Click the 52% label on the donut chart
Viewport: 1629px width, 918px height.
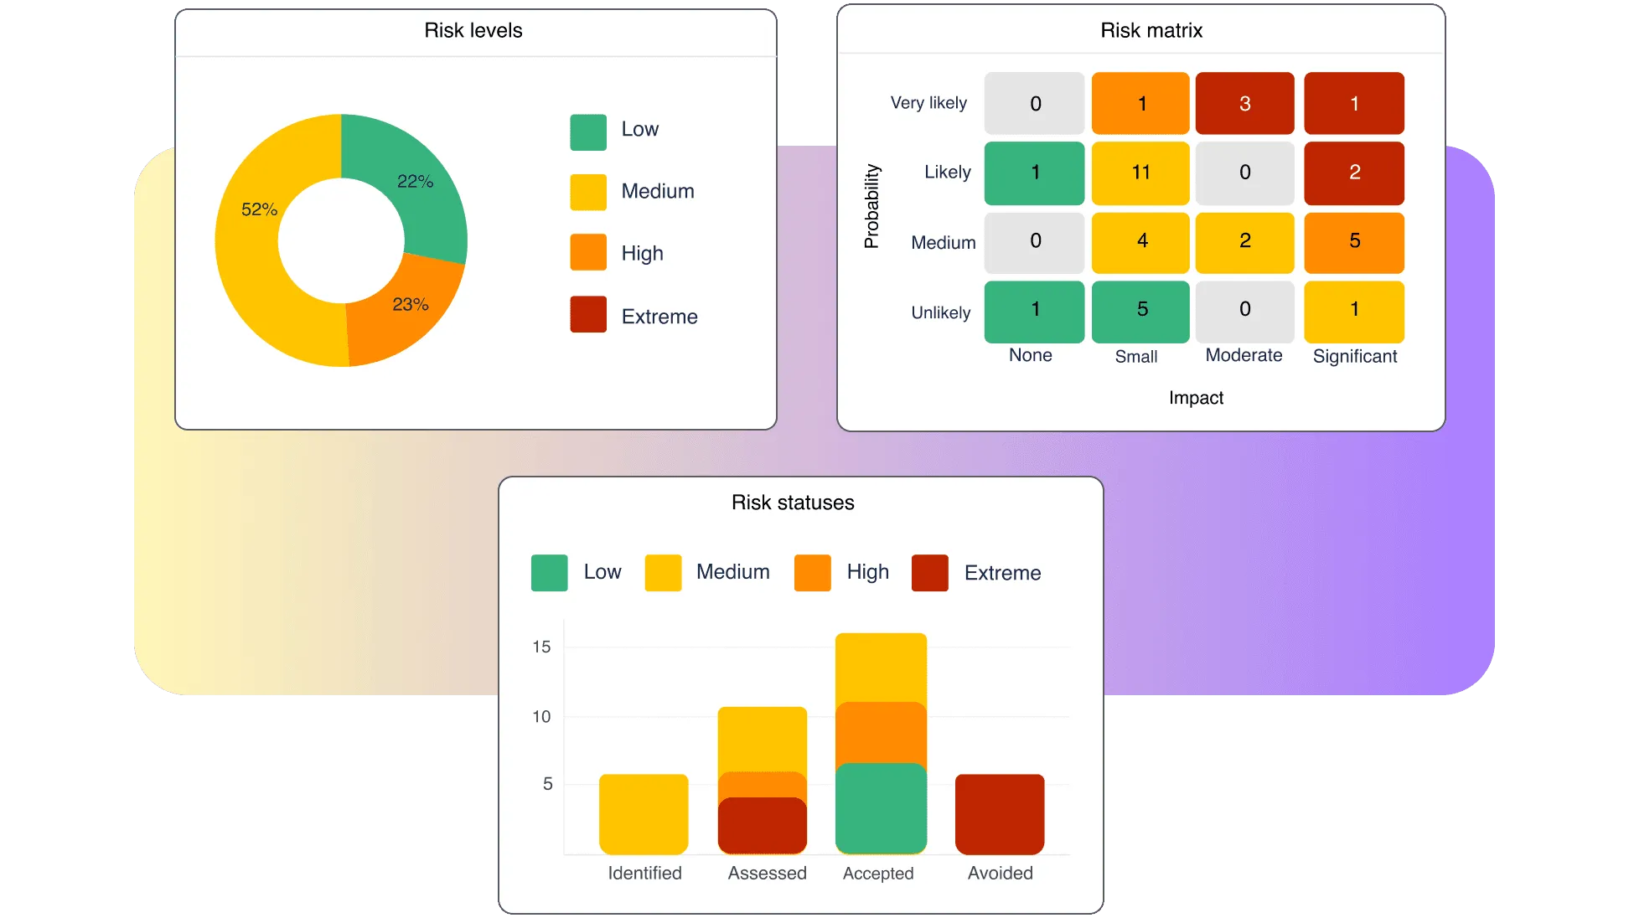coord(259,209)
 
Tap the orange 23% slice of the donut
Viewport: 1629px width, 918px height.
coord(402,314)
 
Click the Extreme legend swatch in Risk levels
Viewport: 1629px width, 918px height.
coord(588,315)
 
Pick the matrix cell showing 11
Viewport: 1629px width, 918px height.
coord(1140,173)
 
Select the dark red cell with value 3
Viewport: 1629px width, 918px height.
coord(1244,104)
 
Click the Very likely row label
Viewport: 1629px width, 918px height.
coord(928,103)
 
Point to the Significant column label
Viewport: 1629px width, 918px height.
coord(1354,357)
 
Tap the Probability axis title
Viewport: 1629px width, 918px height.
coord(871,206)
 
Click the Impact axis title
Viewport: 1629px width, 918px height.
coord(1196,398)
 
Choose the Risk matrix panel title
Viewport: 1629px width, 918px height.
coord(1151,31)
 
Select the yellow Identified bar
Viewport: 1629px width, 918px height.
coord(644,814)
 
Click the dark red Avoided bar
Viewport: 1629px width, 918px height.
coord(1000,814)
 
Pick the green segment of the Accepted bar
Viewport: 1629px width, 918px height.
coord(881,808)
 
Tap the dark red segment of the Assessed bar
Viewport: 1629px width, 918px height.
coord(762,826)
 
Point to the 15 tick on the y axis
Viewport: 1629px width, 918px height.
coord(541,647)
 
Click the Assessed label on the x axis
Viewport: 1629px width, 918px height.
coord(767,873)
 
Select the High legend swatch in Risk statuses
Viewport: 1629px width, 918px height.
coord(812,573)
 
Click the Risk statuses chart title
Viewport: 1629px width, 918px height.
coord(793,503)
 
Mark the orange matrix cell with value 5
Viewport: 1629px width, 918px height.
coord(1354,242)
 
